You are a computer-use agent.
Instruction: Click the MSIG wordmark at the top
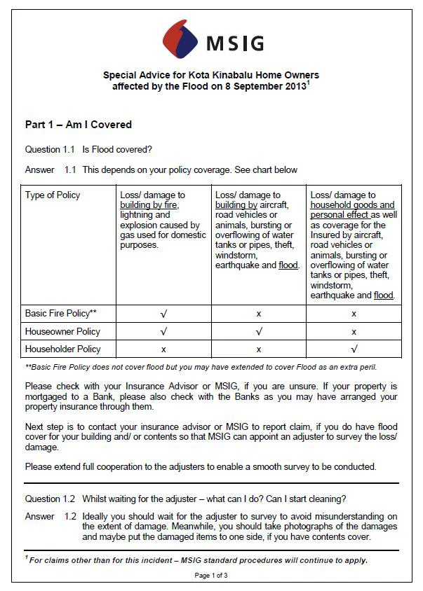235,43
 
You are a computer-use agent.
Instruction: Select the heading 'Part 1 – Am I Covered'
79,125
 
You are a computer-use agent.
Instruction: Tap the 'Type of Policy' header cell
53,195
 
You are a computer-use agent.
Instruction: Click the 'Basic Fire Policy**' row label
60,314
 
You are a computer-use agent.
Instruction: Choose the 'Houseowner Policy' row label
62,331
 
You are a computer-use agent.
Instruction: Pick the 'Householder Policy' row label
63,349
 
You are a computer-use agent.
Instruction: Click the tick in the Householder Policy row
354,349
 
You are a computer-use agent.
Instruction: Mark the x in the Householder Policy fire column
163,349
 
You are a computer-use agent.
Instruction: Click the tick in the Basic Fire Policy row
163,314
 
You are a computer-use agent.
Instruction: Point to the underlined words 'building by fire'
149,205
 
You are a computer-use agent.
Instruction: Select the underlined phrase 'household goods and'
353,205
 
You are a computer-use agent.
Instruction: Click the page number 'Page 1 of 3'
212,576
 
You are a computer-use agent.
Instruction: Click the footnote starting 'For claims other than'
199,559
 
